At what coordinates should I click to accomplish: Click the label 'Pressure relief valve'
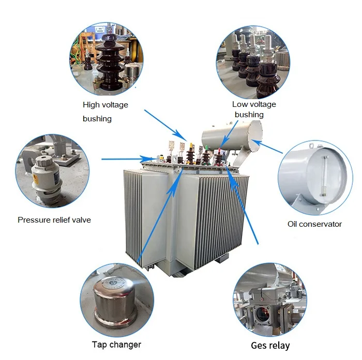pos(54,220)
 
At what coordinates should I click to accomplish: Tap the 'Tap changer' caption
pos(116,344)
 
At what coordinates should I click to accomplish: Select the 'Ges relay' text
pos(270,346)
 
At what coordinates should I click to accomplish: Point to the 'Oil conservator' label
pos(314,224)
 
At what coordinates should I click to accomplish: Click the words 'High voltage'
pos(105,105)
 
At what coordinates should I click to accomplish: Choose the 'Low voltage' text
pos(254,104)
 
